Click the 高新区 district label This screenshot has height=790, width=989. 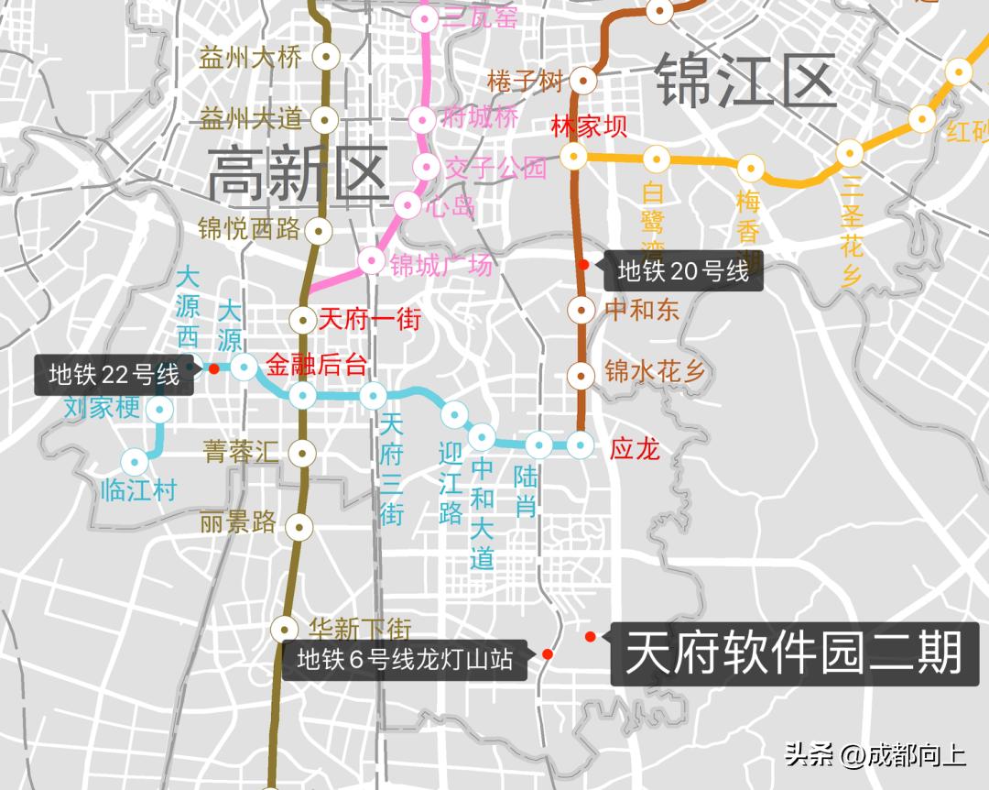pos(299,177)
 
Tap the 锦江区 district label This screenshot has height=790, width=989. pos(745,81)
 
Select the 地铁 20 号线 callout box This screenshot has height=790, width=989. pos(682,271)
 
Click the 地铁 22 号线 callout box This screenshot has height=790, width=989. pos(114,375)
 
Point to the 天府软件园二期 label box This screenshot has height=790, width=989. pos(794,654)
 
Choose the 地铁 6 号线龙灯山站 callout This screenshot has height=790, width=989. pos(404,660)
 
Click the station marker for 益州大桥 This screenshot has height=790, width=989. pos(326,57)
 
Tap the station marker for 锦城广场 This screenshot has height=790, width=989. pos(371,261)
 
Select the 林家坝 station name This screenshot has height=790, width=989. pos(589,126)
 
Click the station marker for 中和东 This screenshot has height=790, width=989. pos(580,309)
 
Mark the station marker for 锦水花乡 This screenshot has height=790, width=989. pos(580,374)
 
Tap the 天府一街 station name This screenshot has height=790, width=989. pos(369,320)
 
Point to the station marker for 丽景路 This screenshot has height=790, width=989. pos(299,526)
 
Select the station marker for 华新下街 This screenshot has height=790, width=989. pos(285,629)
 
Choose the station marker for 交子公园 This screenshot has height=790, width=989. pos(426,166)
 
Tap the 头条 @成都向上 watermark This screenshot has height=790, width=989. pos(875,755)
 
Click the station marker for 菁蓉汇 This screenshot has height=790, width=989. pos(302,452)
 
